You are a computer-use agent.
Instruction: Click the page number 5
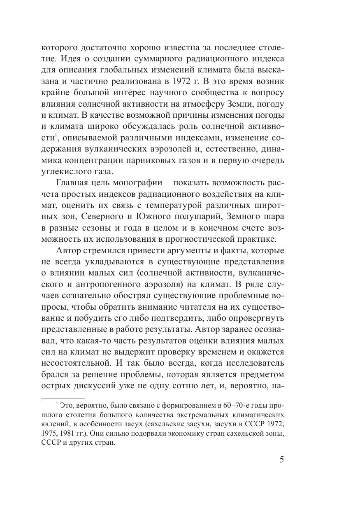(x=281, y=460)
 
